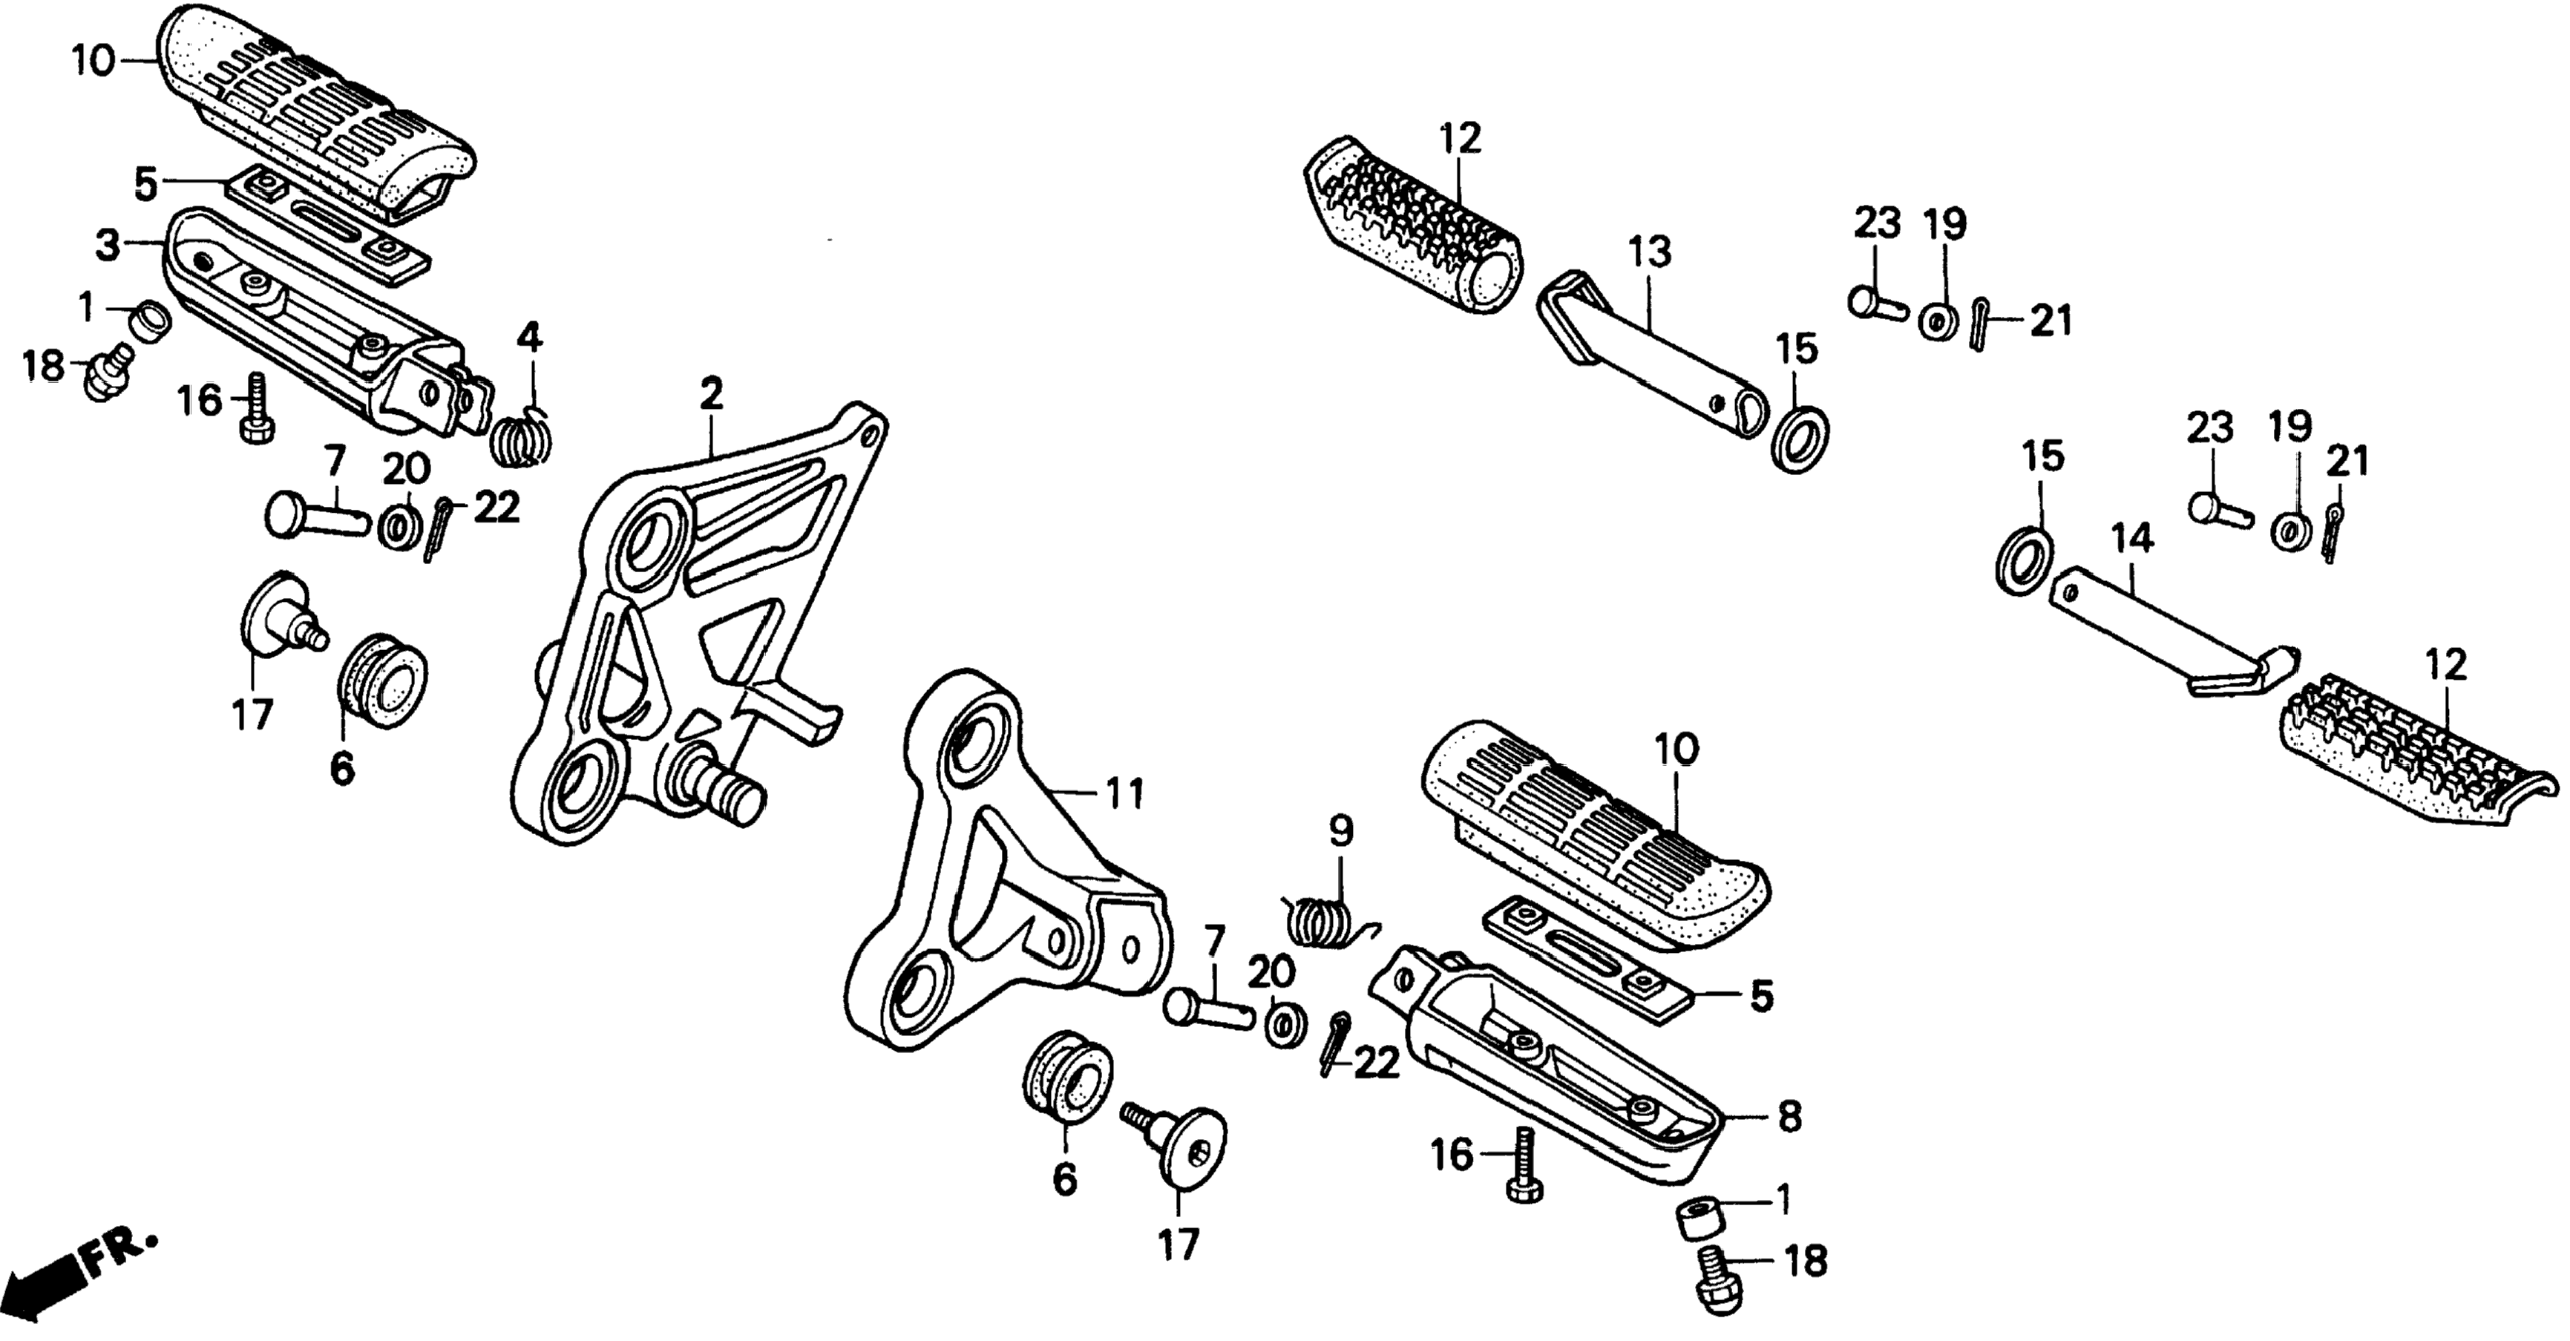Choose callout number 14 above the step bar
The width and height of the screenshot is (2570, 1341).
pos(2132,540)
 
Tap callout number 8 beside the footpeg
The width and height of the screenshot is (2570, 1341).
pos(1790,1116)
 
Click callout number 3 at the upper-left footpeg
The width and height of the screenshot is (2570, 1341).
pos(108,244)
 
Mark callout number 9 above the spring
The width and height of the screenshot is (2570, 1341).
pos(1341,830)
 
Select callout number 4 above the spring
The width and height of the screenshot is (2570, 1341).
pos(528,338)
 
